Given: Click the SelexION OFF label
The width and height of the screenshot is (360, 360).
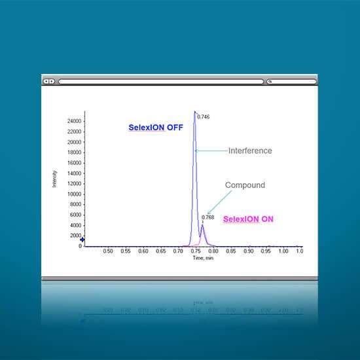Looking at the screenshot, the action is tap(156, 128).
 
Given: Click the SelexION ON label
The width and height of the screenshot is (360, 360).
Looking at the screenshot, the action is tap(248, 219).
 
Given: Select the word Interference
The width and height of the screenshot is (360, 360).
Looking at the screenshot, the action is tap(250, 151).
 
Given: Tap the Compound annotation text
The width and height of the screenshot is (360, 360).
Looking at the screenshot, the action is tap(245, 185).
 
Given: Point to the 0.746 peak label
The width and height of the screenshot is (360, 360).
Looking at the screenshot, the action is tap(204, 117).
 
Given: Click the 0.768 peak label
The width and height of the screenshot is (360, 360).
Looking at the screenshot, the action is tap(207, 217).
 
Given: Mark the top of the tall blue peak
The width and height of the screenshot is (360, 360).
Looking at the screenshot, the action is tap(194, 112).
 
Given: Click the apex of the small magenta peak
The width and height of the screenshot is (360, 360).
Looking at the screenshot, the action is tap(202, 225).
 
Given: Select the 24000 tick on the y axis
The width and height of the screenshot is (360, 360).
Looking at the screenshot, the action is tap(75, 121).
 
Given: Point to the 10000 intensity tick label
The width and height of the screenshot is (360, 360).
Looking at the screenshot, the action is tap(75, 194).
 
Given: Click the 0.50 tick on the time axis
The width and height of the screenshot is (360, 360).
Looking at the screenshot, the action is tap(108, 251).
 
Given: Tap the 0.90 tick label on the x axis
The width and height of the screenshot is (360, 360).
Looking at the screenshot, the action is tap(249, 251).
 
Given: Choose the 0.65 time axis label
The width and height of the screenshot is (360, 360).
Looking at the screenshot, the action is tap(161, 251).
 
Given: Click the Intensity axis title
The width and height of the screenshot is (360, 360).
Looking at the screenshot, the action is tap(54, 179).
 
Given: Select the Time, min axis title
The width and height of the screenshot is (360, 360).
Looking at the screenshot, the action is tap(203, 258).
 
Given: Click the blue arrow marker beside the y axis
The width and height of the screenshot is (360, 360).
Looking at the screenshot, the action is tap(82, 240).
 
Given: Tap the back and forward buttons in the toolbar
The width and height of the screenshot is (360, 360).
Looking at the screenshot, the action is tap(49, 81).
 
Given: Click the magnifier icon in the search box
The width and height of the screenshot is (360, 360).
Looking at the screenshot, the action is tap(270, 81).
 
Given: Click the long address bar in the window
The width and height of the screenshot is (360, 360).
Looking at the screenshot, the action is tap(161, 82).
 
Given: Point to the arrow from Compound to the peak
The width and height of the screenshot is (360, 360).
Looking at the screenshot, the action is tap(219, 202).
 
